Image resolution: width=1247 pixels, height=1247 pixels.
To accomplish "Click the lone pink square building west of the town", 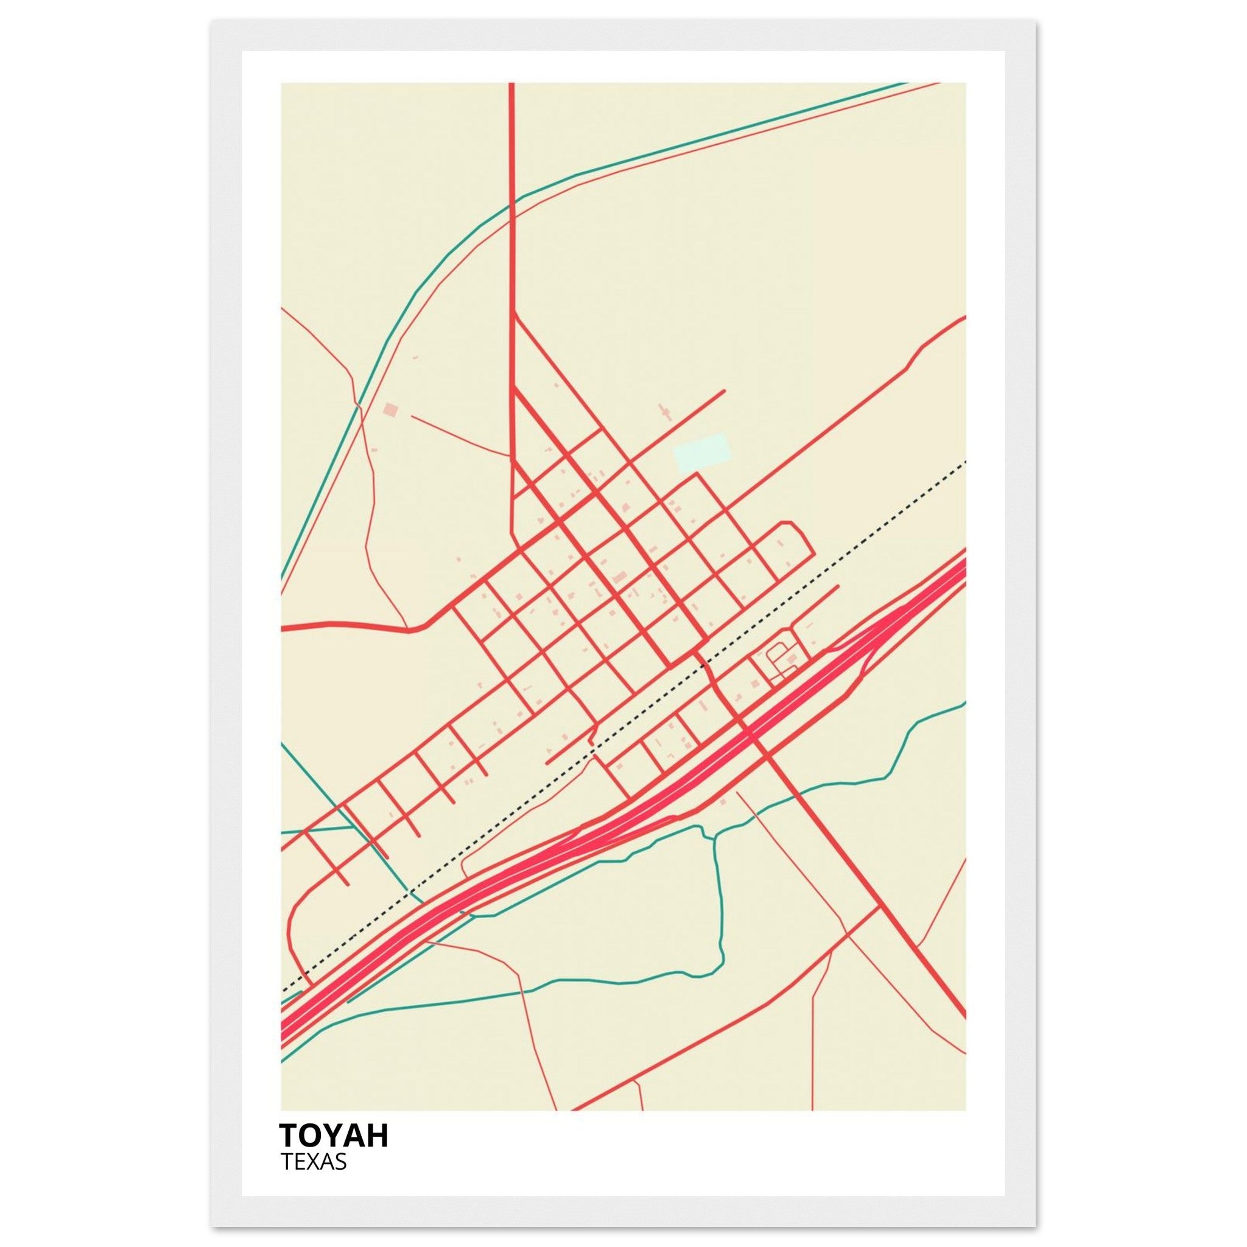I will [x=390, y=409].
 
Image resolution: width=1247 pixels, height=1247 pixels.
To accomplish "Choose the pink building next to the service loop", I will [x=793, y=658].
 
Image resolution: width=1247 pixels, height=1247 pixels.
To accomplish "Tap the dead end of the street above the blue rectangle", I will [x=724, y=390].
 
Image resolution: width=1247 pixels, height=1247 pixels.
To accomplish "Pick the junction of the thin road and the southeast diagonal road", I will [x=880, y=907].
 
